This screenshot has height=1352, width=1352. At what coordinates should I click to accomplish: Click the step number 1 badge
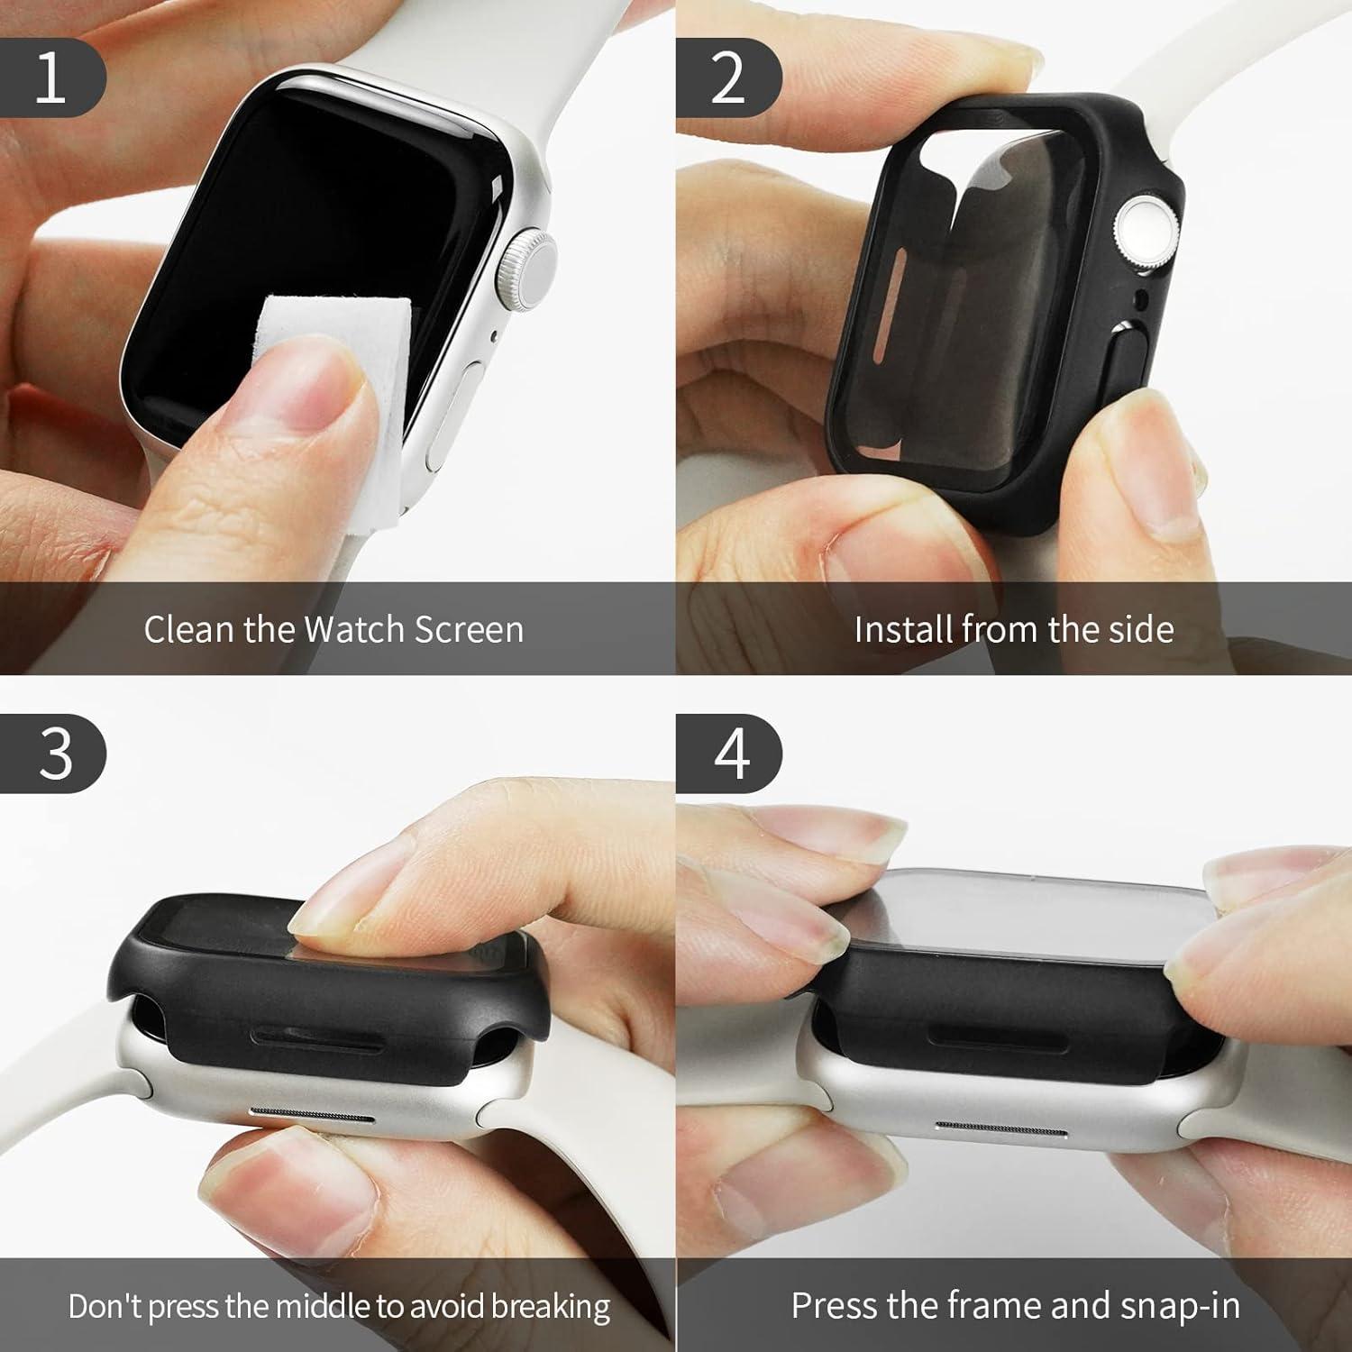pyautogui.click(x=52, y=78)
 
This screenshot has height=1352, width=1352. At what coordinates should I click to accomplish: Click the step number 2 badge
pyautogui.click(x=728, y=78)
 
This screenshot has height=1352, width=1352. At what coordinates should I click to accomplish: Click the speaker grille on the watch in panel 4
pyautogui.click(x=1001, y=1129)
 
